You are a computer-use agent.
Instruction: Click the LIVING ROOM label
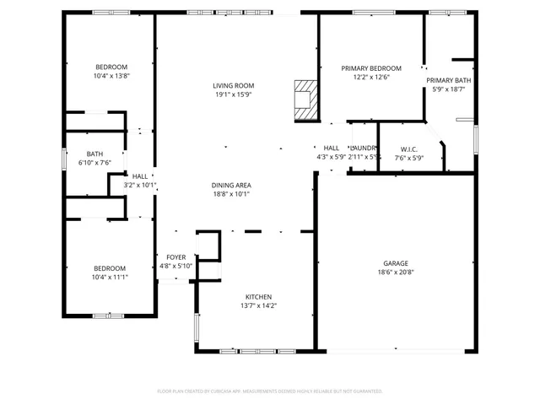point(233,85)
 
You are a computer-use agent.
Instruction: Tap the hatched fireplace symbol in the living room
point(305,100)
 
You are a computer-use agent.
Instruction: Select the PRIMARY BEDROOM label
point(370,68)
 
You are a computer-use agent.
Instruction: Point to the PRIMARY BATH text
point(448,79)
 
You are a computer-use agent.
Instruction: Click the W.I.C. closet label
point(410,148)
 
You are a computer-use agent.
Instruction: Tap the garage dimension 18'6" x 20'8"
point(395,272)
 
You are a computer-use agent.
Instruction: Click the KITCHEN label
point(258,297)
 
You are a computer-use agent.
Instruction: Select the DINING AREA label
point(231,185)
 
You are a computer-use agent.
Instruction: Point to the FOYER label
point(175,257)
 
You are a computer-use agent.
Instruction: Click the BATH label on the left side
point(94,154)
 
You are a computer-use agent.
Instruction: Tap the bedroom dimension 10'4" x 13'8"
point(111,76)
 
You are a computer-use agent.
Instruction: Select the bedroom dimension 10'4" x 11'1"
point(110,277)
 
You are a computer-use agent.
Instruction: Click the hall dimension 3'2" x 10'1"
point(140,185)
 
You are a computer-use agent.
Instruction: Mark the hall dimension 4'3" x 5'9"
point(331,156)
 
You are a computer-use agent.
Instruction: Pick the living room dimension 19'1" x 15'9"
point(233,94)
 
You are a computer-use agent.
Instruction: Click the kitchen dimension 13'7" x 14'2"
point(258,305)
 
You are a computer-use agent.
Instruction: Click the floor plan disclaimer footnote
point(270,391)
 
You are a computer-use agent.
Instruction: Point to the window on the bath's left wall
point(64,159)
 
